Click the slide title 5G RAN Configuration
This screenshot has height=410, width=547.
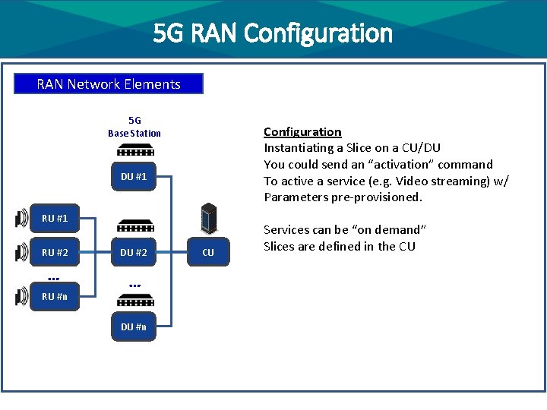click(273, 33)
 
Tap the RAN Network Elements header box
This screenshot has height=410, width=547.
click(109, 84)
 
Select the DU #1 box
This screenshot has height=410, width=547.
click(134, 176)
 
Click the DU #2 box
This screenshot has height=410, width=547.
click(134, 252)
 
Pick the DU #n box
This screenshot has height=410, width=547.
click(134, 327)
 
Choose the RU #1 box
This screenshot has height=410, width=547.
click(55, 219)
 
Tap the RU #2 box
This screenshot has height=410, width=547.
click(55, 252)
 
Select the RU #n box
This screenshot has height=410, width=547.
click(55, 296)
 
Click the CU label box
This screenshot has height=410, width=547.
click(207, 252)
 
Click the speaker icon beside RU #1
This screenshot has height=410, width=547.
click(21, 219)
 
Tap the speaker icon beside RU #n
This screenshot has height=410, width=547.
click(21, 296)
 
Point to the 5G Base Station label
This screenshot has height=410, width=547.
click(134, 127)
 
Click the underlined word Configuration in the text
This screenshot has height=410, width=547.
click(302, 131)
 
